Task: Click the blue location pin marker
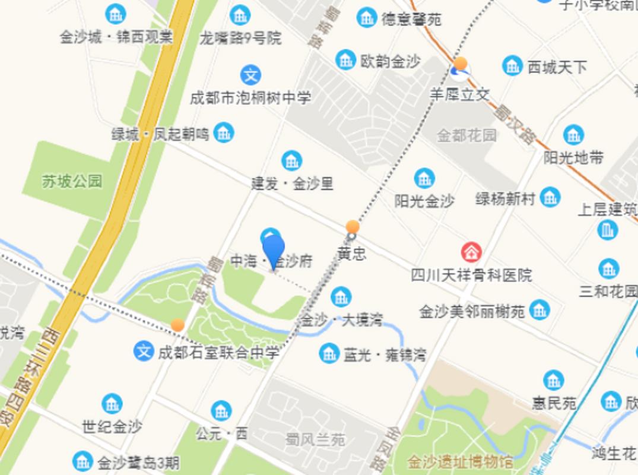point(274,250)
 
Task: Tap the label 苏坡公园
point(72,181)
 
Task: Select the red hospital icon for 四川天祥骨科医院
point(472,252)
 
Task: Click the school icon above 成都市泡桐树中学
point(250,75)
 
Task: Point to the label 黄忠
point(352,254)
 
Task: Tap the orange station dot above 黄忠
point(353,227)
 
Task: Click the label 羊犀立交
point(460,94)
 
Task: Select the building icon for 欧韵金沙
point(345,59)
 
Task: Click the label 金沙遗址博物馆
point(461,461)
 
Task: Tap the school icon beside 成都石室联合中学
point(144,351)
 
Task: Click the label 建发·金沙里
point(292,183)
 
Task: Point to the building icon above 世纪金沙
point(112,404)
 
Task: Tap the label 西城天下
point(557,67)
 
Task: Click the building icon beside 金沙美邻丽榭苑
point(539,309)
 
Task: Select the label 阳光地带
point(573,157)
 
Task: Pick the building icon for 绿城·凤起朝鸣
point(224,132)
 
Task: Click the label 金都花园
point(466,135)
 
